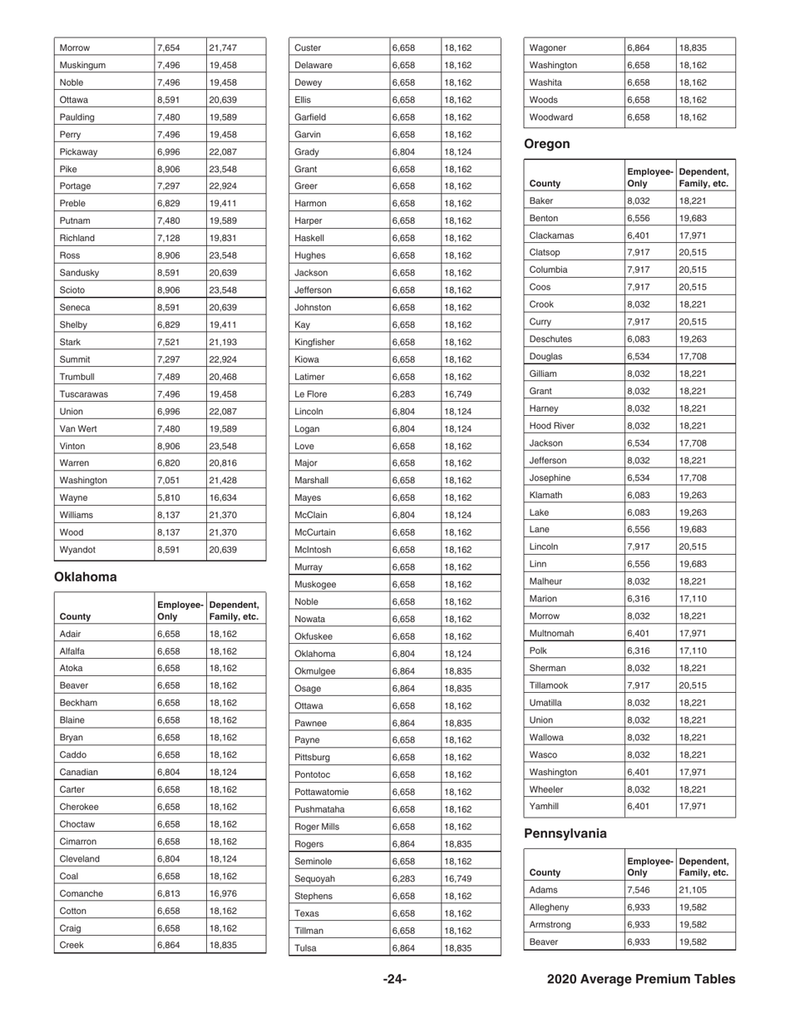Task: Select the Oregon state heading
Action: coord(546,144)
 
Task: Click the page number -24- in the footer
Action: coord(394,980)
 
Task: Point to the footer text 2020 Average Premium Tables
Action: coord(640,980)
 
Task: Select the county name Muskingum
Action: coord(82,65)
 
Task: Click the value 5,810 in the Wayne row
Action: coord(168,497)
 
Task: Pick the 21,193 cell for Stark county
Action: coord(223,342)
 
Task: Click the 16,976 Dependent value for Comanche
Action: coord(223,893)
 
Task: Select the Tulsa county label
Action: coord(307,947)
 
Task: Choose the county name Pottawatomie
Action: coord(323,792)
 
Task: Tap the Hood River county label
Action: coord(551,425)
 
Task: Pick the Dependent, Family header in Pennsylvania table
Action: coord(704,867)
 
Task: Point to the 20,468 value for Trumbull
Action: coord(223,377)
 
